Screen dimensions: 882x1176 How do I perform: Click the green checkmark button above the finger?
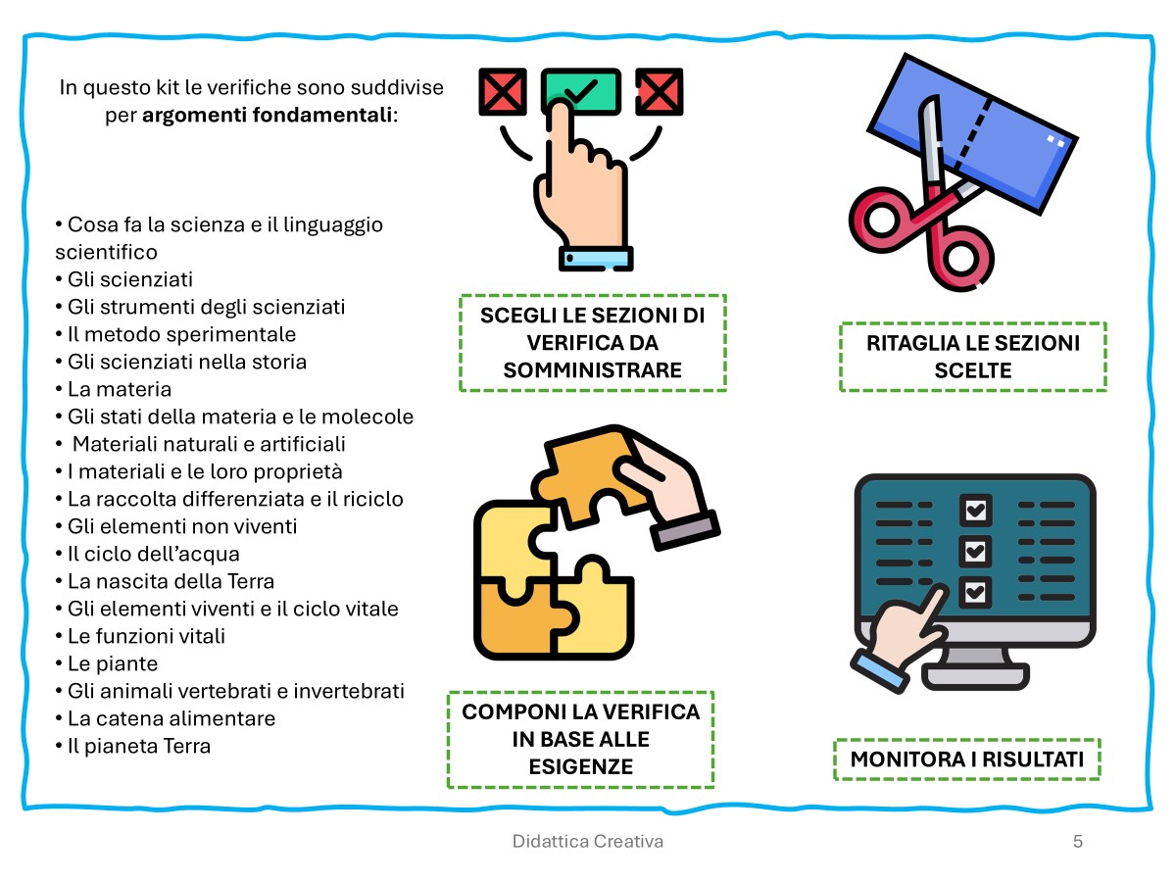581,91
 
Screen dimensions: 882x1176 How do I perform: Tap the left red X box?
503,93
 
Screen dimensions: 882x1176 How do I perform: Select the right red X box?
660,93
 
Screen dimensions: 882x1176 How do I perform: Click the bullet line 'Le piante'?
113,663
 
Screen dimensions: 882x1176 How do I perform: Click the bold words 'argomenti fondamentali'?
267,115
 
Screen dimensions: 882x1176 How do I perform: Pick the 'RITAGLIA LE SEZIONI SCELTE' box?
972,357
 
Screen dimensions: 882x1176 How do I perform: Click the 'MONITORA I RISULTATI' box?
966,759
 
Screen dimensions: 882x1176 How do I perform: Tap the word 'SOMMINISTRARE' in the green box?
592,370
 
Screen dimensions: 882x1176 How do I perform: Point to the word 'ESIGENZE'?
580,766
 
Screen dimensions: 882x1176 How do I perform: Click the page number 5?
1078,841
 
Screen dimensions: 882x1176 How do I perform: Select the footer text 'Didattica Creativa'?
588,841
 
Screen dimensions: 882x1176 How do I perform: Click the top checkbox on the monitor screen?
974,511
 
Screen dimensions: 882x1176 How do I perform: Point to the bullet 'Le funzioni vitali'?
147,636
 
